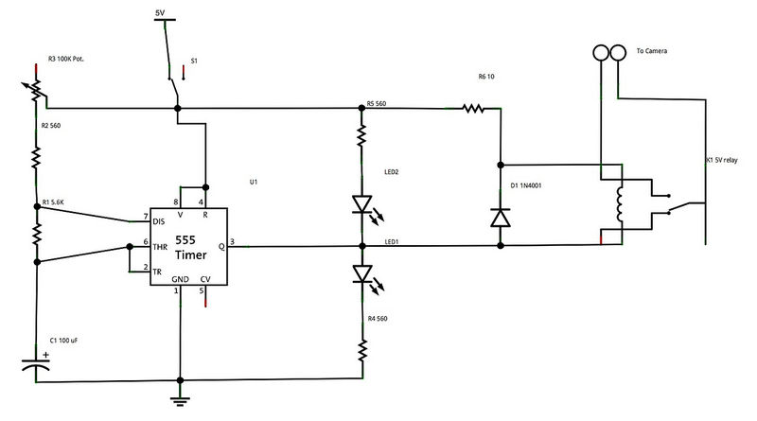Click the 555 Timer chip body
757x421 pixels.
pyautogui.click(x=186, y=246)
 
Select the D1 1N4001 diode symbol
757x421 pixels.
pyautogui.click(x=500, y=217)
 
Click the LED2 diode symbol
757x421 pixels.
pyautogui.click(x=361, y=203)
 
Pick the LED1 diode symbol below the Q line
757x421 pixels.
pyautogui.click(x=361, y=273)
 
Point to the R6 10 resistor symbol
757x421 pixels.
pyautogui.click(x=473, y=109)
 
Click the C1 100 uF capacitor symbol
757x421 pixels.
pyautogui.click(x=37, y=362)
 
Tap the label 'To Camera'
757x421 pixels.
pyautogui.click(x=653, y=51)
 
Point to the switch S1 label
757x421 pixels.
pyautogui.click(x=194, y=61)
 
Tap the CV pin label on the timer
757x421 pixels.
pyautogui.click(x=206, y=279)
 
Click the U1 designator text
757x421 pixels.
pyautogui.click(x=252, y=180)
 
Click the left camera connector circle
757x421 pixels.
pyautogui.click(x=600, y=52)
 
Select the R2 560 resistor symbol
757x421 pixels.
pyautogui.click(x=37, y=155)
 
